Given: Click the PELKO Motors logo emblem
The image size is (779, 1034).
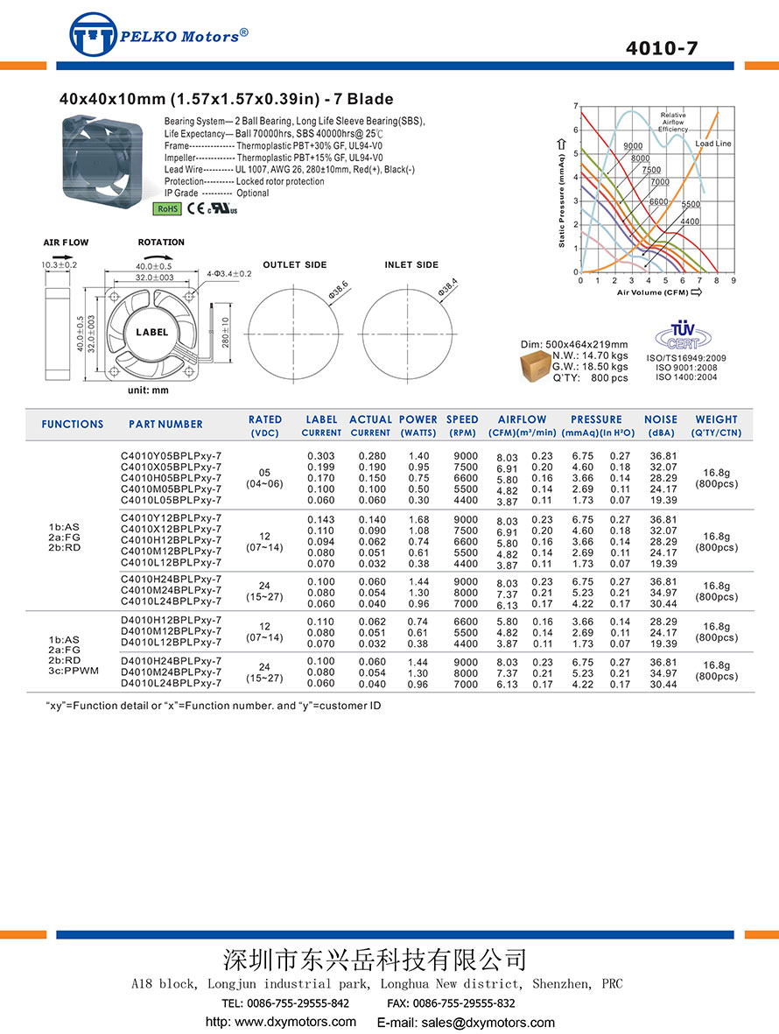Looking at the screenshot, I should pyautogui.click(x=93, y=35).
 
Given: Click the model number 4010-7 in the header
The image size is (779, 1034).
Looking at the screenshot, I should pyautogui.click(x=662, y=49).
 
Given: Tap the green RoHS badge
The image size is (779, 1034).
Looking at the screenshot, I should pyautogui.click(x=166, y=208).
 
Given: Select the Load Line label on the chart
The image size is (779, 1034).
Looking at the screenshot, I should pyautogui.click(x=713, y=143).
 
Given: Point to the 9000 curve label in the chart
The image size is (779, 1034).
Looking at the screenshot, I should pyautogui.click(x=633, y=145).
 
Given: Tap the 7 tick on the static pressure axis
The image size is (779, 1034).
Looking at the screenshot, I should pyautogui.click(x=575, y=107).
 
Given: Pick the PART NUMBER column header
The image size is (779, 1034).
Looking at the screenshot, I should pyautogui.click(x=165, y=424).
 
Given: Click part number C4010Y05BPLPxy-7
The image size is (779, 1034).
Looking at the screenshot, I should pyautogui.click(x=172, y=456).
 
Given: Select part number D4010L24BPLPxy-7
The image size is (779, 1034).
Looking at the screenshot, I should pyautogui.click(x=172, y=683).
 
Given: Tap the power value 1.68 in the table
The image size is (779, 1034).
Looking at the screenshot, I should pyautogui.click(x=419, y=518).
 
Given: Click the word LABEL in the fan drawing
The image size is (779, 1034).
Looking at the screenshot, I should pyautogui.click(x=151, y=333).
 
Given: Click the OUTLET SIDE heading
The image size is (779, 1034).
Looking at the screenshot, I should pyautogui.click(x=295, y=264).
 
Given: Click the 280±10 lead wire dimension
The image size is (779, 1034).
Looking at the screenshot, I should pyautogui.click(x=225, y=329).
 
